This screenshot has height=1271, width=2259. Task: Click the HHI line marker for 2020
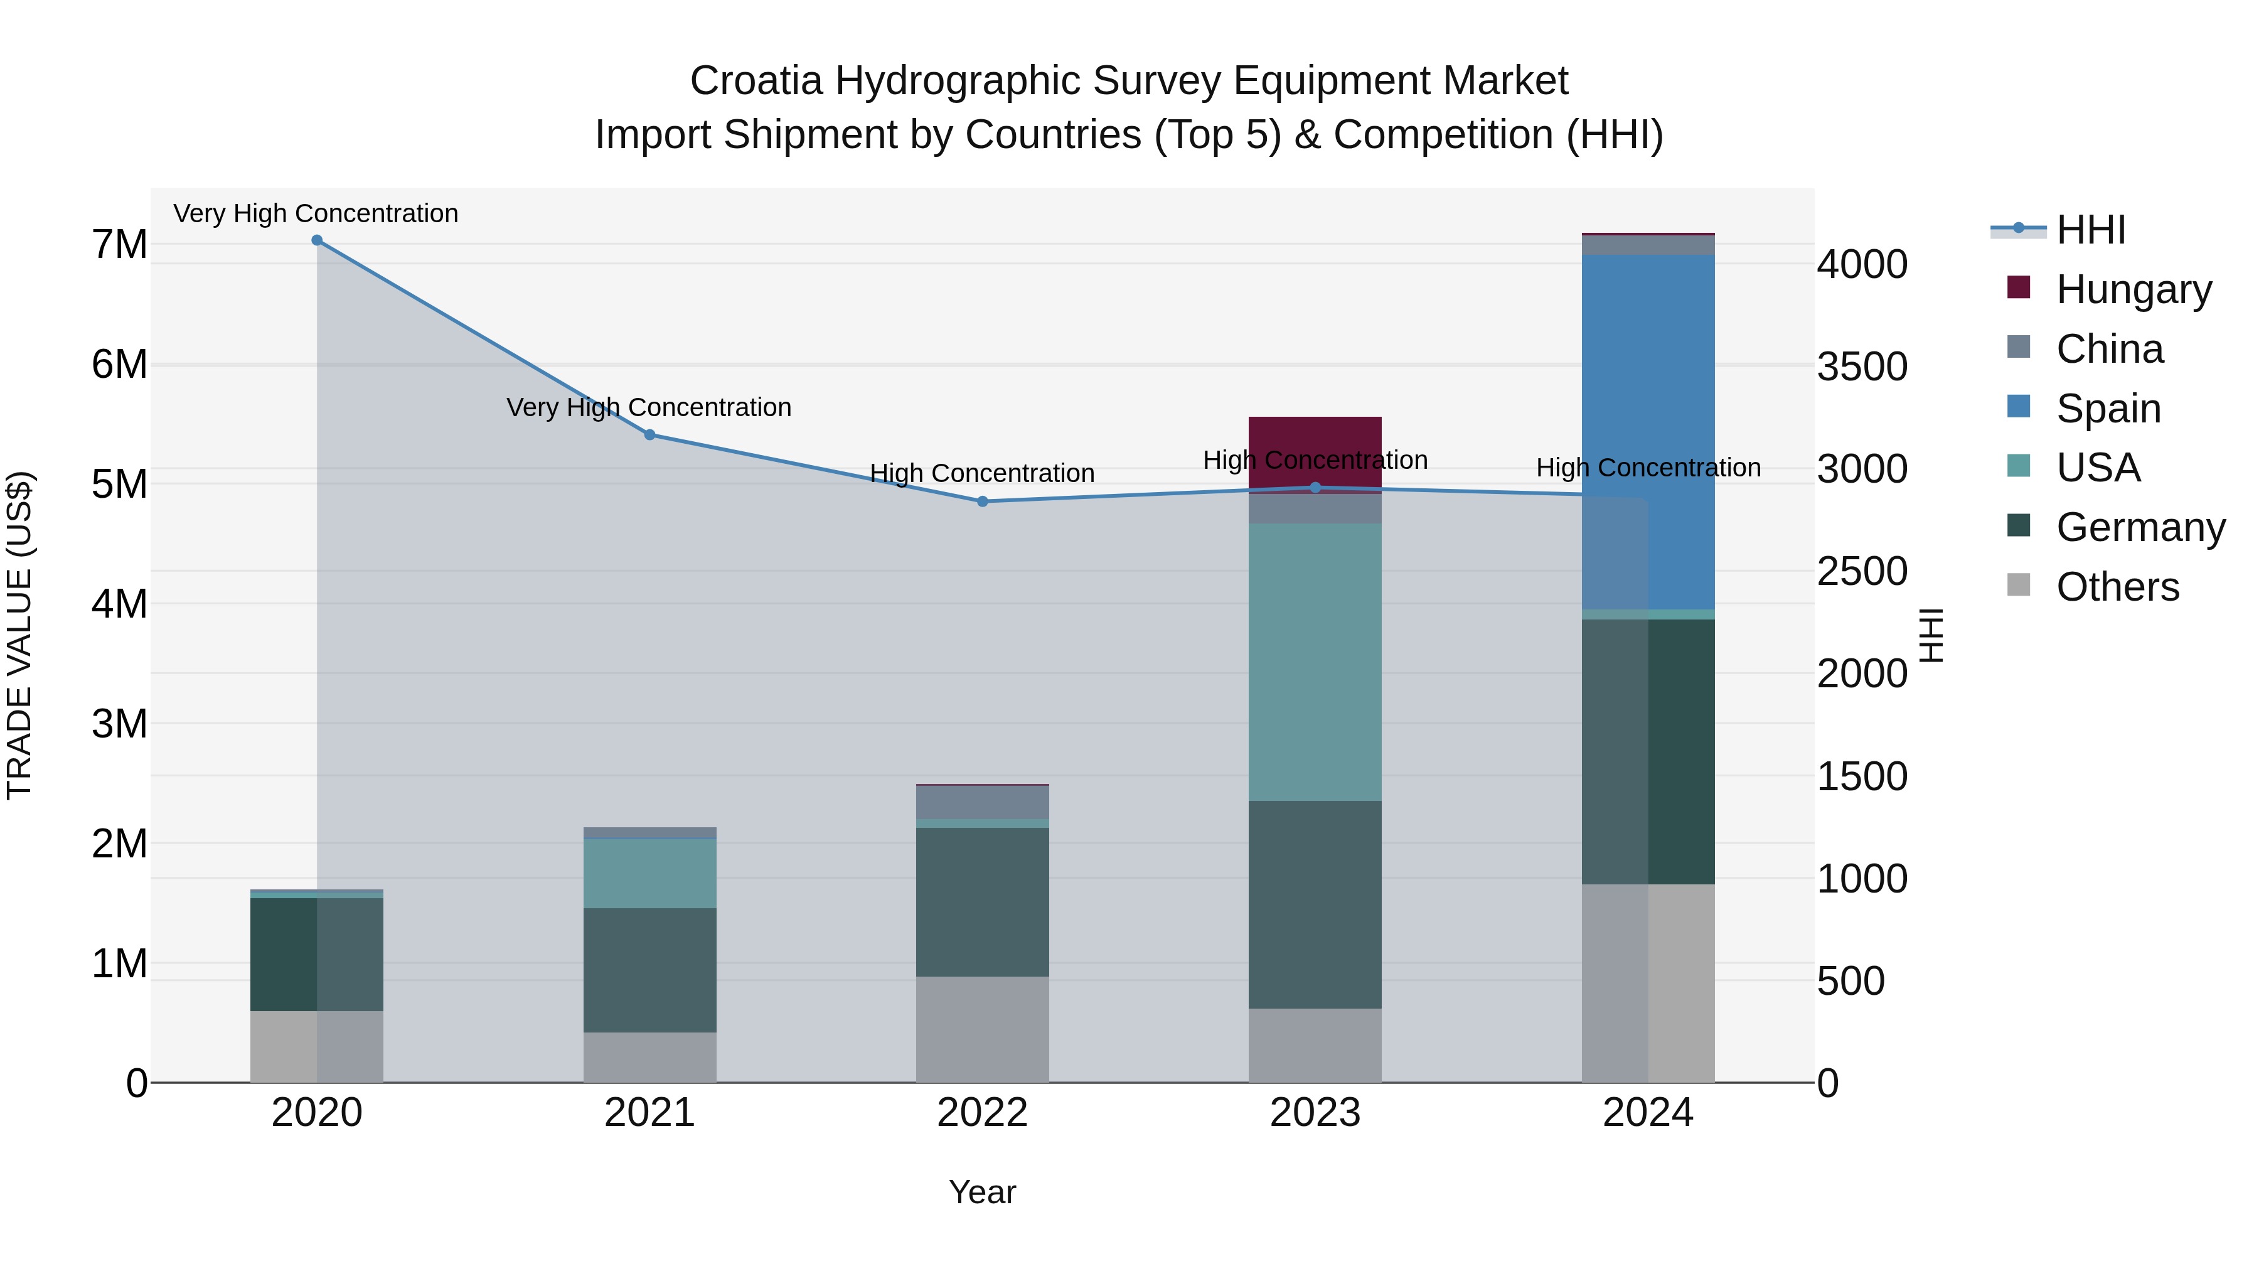click(317, 240)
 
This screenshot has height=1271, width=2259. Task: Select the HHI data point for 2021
click(650, 434)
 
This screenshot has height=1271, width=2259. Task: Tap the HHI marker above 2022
click(982, 501)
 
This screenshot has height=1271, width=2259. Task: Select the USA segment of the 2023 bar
click(1315, 662)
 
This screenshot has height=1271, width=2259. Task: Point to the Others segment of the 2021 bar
click(650, 1057)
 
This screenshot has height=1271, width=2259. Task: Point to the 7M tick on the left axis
click(119, 245)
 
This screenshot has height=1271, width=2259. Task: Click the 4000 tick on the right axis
click(1862, 265)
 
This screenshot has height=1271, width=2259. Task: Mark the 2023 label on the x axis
click(1315, 1113)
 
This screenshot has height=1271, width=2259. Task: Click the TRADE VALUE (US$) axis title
click(19, 635)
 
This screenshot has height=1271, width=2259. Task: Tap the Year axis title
click(982, 1192)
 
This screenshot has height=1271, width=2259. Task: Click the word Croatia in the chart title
click(756, 82)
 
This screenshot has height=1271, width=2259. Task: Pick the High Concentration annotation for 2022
click(982, 474)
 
